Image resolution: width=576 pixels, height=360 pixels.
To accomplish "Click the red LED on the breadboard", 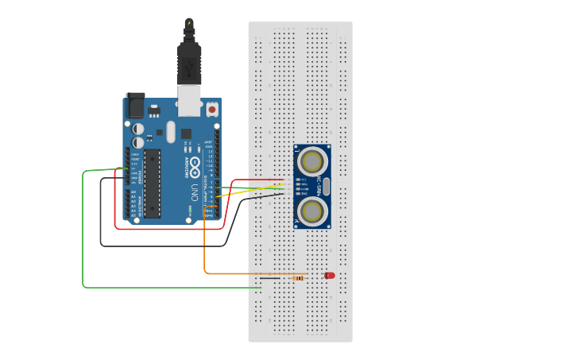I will pyautogui.click(x=330, y=275).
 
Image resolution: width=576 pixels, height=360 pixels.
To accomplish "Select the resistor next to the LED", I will pyautogui.click(x=299, y=278).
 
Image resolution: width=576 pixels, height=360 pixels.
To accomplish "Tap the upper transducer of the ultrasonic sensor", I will pyautogui.click(x=311, y=162).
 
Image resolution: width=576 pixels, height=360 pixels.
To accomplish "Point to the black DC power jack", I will pyautogui.click(x=135, y=105).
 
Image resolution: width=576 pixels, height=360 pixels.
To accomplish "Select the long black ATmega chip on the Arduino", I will pyautogui.click(x=151, y=183).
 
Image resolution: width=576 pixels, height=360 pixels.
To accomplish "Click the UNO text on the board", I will pyautogui.click(x=194, y=191).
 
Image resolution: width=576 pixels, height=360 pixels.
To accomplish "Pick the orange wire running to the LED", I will pyautogui.click(x=205, y=246).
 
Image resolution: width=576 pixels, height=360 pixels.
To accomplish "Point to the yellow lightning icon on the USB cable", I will pyautogui.click(x=189, y=24).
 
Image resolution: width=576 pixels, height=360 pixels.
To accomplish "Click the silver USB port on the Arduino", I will pyautogui.click(x=189, y=99).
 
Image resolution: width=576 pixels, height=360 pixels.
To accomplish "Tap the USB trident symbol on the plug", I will pyautogui.click(x=189, y=68).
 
